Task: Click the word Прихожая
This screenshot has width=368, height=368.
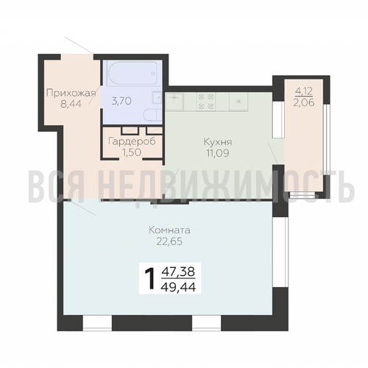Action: pos(71,94)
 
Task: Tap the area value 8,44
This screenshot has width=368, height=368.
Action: pos(71,104)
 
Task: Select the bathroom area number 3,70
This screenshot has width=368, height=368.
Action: pos(121,101)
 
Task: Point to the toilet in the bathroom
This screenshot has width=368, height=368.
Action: pos(152,116)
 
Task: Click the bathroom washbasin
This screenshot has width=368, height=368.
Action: pos(157,97)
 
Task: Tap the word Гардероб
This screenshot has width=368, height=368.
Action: pos(132,141)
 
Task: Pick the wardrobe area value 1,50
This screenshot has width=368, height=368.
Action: pos(132,152)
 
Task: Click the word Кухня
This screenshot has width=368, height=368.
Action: pos(218,142)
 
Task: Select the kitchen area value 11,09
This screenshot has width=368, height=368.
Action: pos(218,153)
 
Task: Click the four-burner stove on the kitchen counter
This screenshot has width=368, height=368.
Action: pos(206,102)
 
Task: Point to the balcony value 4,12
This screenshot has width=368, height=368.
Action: pos(304,91)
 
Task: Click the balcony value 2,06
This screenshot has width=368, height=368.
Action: pos(304,102)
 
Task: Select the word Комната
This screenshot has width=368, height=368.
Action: pos(170,230)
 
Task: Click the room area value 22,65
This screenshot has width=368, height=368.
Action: pos(170,241)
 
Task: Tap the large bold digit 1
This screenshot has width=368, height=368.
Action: pos(150,278)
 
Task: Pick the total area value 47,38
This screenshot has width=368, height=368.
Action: pos(178,272)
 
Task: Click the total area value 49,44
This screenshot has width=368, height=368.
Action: pos(178,287)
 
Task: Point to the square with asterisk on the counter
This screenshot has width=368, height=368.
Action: pos(238,102)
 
